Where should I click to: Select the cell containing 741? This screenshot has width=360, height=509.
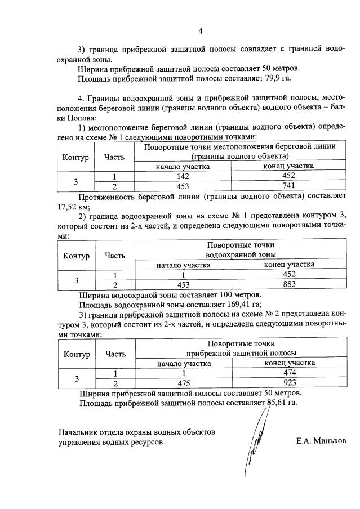coord(289,186)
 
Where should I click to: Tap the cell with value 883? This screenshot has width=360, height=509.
coord(289,284)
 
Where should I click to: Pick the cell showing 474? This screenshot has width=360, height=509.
coord(289,373)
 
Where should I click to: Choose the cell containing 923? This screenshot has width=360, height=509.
coord(289,383)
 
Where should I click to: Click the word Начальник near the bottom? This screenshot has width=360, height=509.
coord(79,432)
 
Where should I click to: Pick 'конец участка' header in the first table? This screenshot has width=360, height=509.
coord(289,166)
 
